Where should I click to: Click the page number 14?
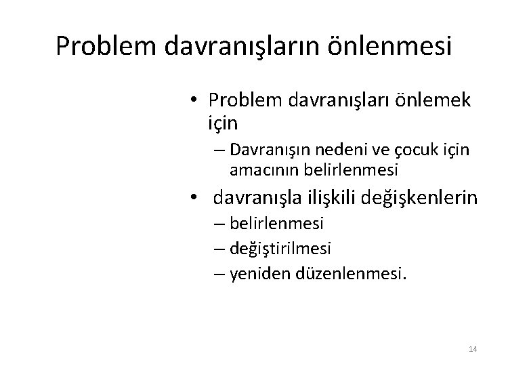pyautogui.click(x=473, y=349)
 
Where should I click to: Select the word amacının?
pyautogui.click(x=259, y=167)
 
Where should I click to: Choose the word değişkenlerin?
pyautogui.click(x=421, y=198)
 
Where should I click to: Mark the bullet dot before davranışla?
pyautogui.click(x=194, y=199)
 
